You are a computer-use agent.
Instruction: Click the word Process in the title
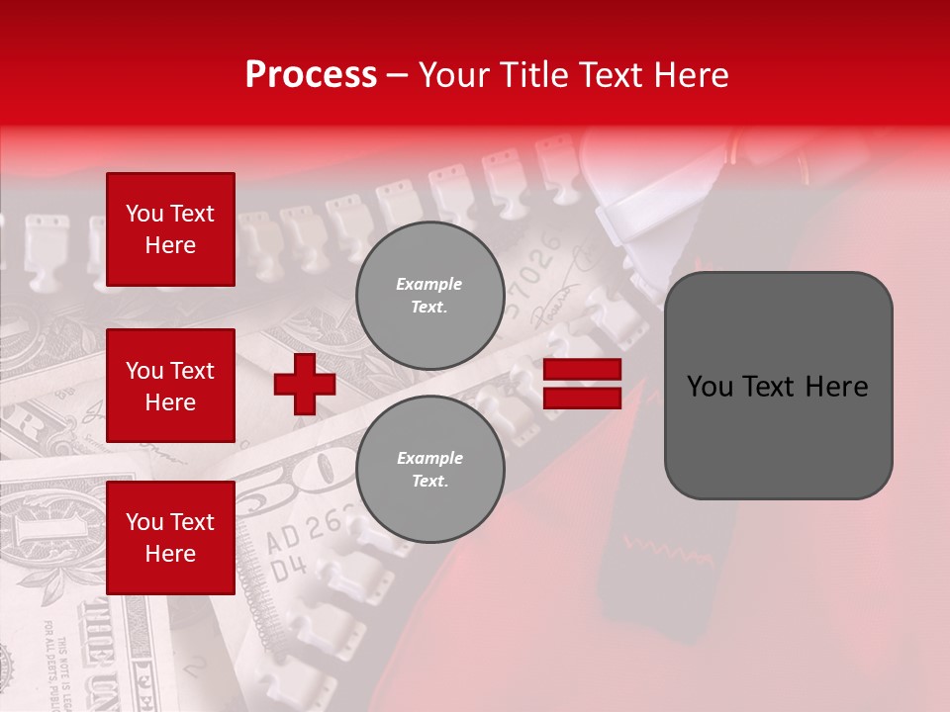[311, 75]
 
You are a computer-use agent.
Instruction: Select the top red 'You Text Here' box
[170, 229]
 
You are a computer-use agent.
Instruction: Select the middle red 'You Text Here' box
[170, 386]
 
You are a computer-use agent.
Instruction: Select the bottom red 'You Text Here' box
[170, 537]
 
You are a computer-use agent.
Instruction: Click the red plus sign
[305, 384]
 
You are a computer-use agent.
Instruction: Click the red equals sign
[582, 384]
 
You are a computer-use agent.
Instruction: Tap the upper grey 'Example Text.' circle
[429, 296]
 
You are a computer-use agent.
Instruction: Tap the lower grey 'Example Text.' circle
[429, 470]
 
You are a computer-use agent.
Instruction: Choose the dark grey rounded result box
[778, 386]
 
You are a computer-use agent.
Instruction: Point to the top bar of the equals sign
[582, 370]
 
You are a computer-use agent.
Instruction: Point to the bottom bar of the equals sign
[582, 398]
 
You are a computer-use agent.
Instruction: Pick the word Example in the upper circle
[429, 284]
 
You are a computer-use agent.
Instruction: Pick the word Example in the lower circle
[429, 458]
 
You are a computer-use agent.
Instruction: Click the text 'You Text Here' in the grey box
[778, 386]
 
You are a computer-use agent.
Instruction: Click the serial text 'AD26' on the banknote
[298, 535]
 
